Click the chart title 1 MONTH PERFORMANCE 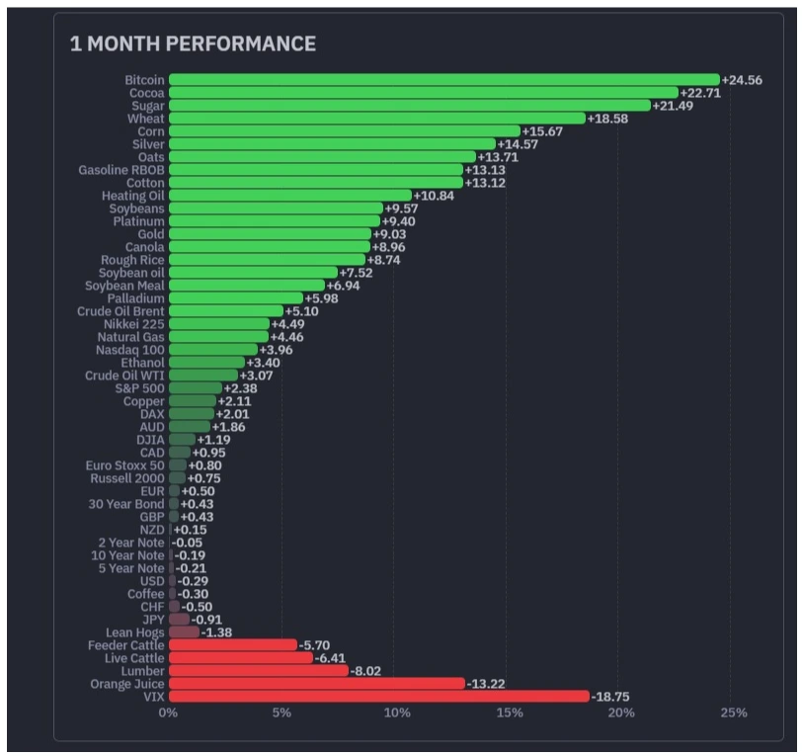pos(193,44)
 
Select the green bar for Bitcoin pos(444,80)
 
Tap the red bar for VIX pos(379,696)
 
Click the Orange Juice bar pos(317,683)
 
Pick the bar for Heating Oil pos(290,196)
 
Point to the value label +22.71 pos(700,93)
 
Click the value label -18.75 pos(610,697)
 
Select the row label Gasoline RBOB pos(121,170)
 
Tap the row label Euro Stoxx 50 pos(124,465)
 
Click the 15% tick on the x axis pos(510,713)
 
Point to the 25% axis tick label pos(734,713)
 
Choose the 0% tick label pos(168,713)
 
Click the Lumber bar pos(259,671)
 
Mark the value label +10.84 pos(434,196)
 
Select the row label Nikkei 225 pos(134,324)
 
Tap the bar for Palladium pos(236,298)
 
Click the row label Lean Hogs pos(135,632)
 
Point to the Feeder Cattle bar pos(233,645)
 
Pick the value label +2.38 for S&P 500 pos(240,388)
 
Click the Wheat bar pos(377,119)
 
